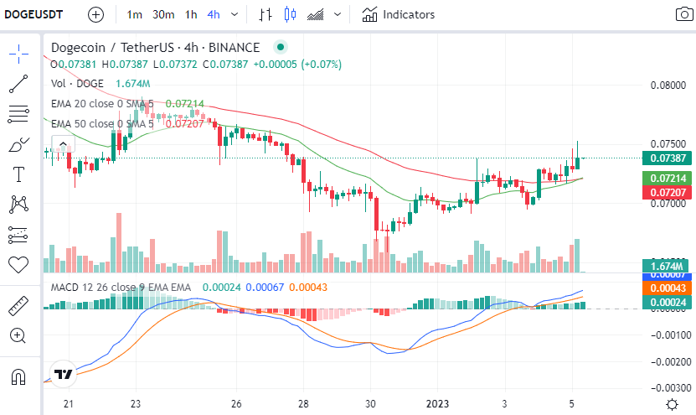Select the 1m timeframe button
tap(134, 14)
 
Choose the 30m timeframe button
tap(162, 14)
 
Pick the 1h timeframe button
tap(192, 14)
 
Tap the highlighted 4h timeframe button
tap(214, 14)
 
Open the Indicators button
tap(399, 14)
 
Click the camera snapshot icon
tap(684, 14)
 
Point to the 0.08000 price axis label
tap(667, 85)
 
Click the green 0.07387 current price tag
tap(665, 158)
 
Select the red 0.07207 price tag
tap(665, 193)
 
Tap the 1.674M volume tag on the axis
tap(665, 266)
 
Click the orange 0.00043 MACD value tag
tap(665, 288)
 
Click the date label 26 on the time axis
tap(236, 403)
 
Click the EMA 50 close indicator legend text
tap(102, 123)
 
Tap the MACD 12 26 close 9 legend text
tap(121, 287)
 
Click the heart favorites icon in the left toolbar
tap(18, 264)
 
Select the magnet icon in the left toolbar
tap(18, 376)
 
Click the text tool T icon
tap(18, 174)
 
